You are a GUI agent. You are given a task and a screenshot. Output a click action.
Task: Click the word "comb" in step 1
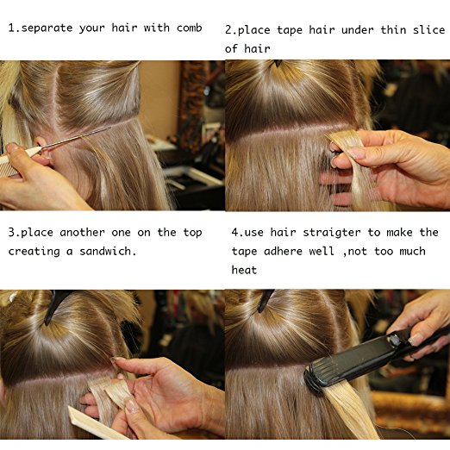pos(189,28)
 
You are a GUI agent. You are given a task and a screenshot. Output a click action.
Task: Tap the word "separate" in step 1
pos(47,28)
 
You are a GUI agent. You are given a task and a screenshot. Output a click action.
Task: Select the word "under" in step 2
pos(358,30)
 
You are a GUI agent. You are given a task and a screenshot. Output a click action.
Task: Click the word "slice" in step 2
pos(429,29)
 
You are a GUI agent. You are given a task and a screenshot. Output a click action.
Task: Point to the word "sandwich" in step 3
pos(105,251)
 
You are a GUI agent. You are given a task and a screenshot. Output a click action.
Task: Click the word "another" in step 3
pos(82,232)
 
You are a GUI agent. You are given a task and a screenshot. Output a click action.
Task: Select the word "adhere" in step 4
pos(283,251)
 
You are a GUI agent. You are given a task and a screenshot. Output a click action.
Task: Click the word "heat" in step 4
pos(244,270)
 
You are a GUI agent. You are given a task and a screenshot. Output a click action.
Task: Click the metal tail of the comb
pos(75,138)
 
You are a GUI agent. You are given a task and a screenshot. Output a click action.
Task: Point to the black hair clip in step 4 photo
pos(265,301)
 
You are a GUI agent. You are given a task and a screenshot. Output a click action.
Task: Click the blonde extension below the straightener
pos(352,411)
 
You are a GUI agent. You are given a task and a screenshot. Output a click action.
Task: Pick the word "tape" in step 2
pos(290,30)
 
